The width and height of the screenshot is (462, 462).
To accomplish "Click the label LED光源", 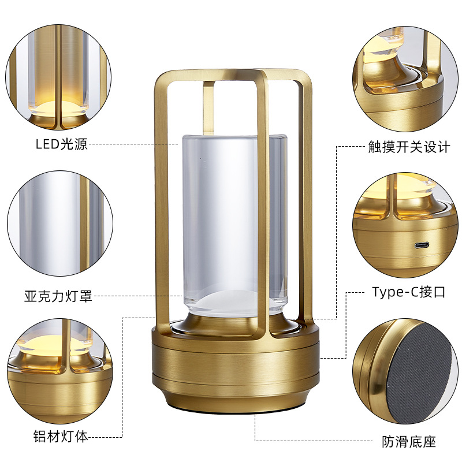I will (61, 144).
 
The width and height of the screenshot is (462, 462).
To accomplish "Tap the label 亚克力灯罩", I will (58, 297).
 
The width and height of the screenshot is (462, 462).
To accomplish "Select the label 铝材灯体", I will (61, 437).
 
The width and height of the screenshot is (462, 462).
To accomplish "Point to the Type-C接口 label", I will (409, 292).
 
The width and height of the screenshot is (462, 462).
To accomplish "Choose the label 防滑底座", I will (409, 442).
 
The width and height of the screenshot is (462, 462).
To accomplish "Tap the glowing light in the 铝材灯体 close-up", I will (40, 346).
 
